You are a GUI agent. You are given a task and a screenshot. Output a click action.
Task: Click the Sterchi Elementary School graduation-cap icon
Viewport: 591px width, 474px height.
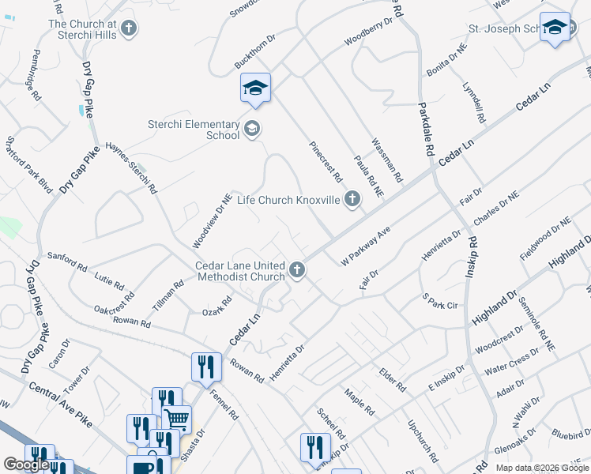tap(252, 129)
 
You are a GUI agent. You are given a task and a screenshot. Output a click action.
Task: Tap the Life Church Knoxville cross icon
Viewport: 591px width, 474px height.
tap(352, 200)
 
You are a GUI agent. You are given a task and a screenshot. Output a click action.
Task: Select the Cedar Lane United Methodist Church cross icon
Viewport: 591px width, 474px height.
tap(297, 271)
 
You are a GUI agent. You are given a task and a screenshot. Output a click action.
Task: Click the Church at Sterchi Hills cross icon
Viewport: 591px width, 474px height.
tap(129, 29)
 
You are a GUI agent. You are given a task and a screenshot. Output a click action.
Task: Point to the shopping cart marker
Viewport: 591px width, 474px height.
tap(176, 418)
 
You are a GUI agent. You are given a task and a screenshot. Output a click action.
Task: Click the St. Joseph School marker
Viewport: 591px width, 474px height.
tap(555, 29)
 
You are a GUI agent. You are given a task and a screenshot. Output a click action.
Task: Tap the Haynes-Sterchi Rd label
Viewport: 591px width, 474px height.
tap(132, 168)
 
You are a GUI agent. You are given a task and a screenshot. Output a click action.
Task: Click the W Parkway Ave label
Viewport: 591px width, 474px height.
tap(366, 247)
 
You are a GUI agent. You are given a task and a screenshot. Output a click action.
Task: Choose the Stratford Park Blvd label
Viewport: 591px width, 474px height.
tap(28, 165)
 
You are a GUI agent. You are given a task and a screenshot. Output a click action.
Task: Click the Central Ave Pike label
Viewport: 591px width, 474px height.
tap(60, 404)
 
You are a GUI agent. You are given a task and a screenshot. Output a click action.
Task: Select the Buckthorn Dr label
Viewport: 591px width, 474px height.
tap(254, 51)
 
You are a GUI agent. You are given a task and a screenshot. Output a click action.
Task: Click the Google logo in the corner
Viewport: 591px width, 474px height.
tap(26, 464)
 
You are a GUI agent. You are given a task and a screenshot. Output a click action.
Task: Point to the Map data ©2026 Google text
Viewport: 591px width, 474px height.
tap(542, 468)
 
